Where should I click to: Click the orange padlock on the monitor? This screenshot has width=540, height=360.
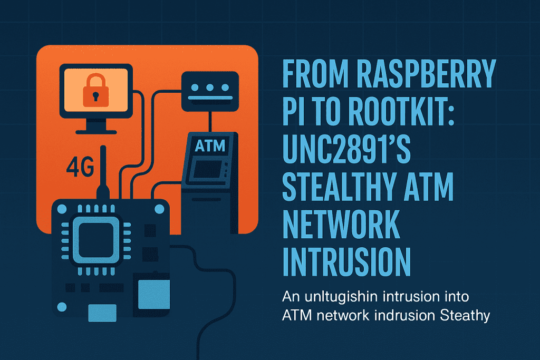point(96,91)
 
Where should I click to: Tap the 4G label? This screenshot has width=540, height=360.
point(80,167)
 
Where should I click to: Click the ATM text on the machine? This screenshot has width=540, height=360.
point(210,145)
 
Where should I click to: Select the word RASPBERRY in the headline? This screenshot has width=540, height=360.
point(426,74)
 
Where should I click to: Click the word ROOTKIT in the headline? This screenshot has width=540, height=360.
point(401,112)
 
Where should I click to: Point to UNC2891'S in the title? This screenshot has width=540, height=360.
point(346,149)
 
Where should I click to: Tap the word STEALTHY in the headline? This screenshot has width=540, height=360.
point(339,187)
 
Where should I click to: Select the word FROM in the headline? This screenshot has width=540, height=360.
point(316,74)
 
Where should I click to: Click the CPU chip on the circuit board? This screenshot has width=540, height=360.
point(96,240)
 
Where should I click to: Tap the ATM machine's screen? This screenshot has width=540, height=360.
point(208,169)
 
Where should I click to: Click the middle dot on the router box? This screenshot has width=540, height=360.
point(210,87)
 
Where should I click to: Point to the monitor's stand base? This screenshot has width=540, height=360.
point(96,132)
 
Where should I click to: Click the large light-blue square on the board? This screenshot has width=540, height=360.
point(154,294)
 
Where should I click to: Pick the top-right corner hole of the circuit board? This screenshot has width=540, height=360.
point(159,209)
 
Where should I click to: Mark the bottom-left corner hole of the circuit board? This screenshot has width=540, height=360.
point(62,307)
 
